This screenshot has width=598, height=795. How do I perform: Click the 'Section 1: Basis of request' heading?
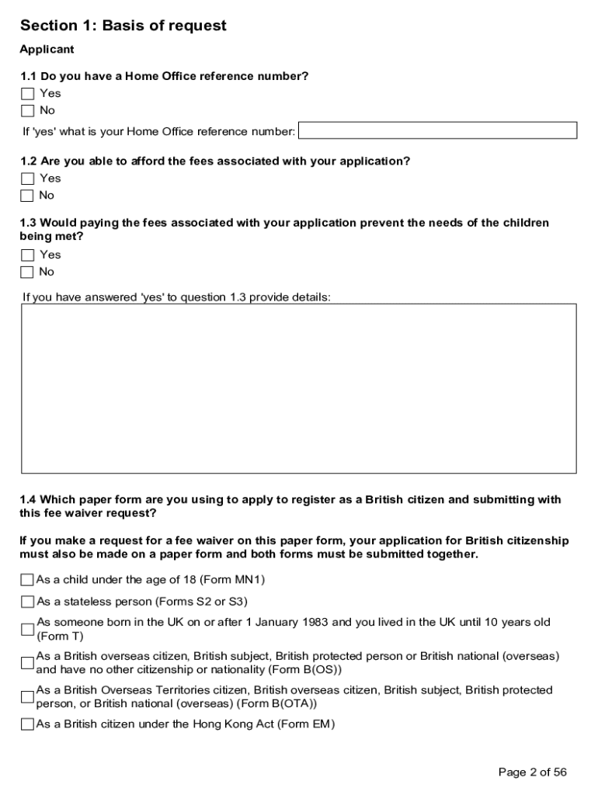tap(123, 26)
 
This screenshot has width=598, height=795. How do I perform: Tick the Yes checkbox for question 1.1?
tap(28, 94)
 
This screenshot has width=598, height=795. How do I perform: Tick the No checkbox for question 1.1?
tap(28, 111)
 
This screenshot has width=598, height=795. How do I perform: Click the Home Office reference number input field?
tap(437, 130)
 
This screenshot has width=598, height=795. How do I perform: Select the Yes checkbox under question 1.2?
tap(28, 179)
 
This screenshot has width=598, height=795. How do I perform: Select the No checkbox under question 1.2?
tap(28, 196)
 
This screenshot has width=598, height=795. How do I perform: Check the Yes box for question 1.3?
tap(28, 255)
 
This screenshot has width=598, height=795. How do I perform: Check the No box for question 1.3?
tap(28, 272)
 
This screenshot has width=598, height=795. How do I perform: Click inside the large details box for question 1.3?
tap(298, 388)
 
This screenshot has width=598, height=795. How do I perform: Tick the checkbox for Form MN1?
tap(28, 580)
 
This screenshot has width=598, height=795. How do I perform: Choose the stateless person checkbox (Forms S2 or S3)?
tap(28, 602)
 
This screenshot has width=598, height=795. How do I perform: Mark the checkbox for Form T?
tap(28, 629)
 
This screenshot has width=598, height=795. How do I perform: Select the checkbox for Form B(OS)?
tap(28, 663)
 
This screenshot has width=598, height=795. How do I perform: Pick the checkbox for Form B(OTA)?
tap(28, 697)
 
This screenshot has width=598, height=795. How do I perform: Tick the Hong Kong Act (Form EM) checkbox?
tap(28, 724)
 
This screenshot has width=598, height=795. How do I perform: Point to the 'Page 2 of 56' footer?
tap(532, 772)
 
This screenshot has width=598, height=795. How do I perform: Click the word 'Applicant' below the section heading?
tap(47, 50)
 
